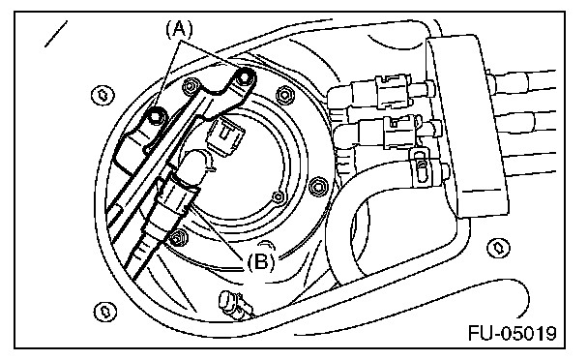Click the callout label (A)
pos(179,29)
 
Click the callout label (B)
pos(261,261)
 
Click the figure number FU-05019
pos(513,333)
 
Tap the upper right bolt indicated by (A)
pos(245,77)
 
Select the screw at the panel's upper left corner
pos(103,95)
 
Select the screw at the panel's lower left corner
pos(104,312)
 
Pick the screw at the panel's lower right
pos(498,248)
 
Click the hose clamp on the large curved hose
pos(420,167)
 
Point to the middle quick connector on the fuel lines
pos(401,131)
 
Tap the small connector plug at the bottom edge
pos(232,303)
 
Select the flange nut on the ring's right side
pos(317,186)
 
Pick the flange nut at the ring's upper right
pos(285,96)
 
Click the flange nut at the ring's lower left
pos(178,238)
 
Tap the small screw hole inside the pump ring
pos(278,197)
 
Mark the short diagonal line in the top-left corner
pos(56,34)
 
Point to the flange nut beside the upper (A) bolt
pos(190,86)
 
